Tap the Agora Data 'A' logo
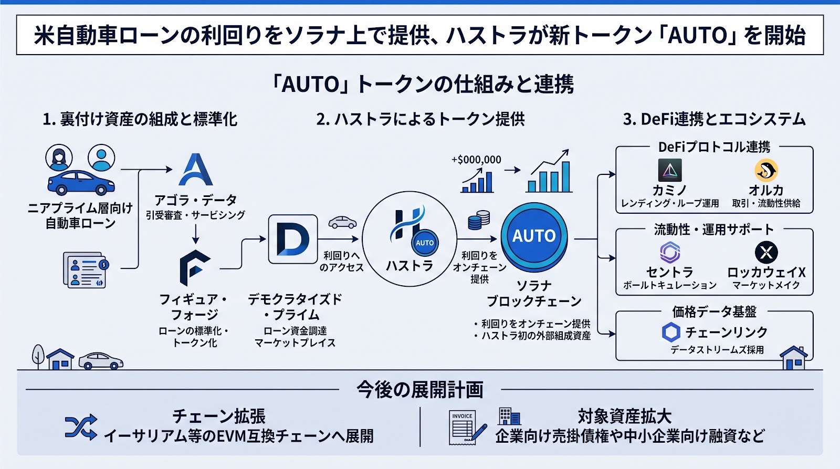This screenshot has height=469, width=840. click(196, 170)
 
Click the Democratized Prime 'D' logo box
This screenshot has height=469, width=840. click(293, 239)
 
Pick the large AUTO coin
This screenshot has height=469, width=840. click(534, 237)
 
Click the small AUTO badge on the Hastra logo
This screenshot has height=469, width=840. click(425, 243)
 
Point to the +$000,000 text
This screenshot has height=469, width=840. click(476, 160)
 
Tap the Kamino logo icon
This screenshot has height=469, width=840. click(670, 170)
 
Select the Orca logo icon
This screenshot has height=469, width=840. click(766, 170)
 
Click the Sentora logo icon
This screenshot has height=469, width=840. click(670, 252)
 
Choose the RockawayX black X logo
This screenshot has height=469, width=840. click(766, 252)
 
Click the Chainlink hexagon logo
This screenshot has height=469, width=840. click(671, 332)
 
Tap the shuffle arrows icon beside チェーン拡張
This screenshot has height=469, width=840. click(81, 427)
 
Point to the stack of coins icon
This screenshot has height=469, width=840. click(479, 220)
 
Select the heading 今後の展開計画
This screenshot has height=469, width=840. click(419, 390)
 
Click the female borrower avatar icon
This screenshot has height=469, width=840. click(59, 158)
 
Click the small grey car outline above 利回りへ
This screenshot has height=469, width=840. click(342, 222)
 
